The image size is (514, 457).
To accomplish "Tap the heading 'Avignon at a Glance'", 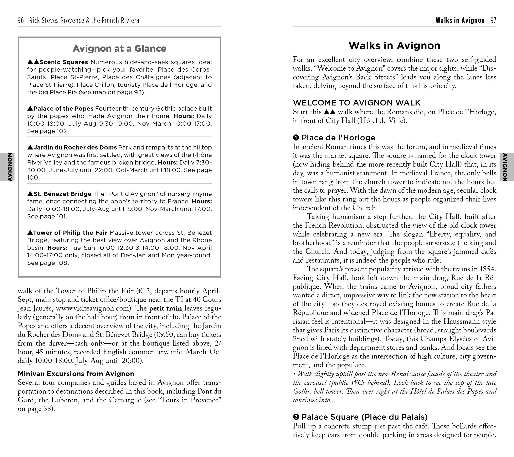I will click(119, 48).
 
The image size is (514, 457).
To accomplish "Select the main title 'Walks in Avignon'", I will click(394, 46).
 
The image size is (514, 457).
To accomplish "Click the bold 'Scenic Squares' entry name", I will click(64, 62).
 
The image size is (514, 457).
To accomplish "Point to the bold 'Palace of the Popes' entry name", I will click(63, 109).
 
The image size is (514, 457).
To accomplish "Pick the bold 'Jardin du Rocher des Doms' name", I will click(75, 147).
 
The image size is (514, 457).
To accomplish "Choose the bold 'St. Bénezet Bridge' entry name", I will click(62, 194).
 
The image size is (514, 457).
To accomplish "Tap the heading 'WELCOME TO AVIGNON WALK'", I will click(357, 103).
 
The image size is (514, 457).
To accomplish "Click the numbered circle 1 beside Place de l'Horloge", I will click(296, 138).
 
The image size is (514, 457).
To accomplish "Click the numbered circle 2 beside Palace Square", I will click(296, 417).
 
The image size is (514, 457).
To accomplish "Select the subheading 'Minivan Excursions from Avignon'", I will click(76, 374).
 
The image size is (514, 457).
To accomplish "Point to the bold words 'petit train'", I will click(165, 308).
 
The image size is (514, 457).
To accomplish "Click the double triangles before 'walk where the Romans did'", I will click(329, 112).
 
